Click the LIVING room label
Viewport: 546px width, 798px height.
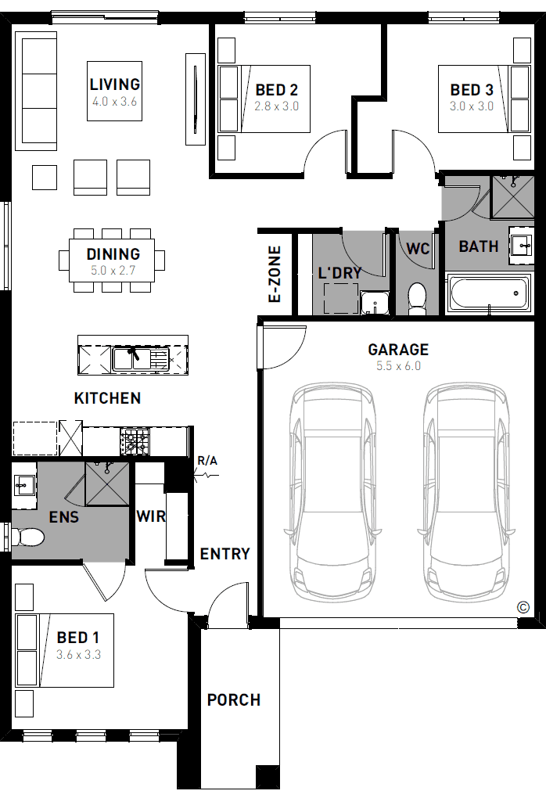(115, 84)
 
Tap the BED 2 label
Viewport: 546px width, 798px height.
(276, 90)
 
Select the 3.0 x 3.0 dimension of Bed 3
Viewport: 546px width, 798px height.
(471, 106)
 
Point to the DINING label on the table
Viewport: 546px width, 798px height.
(113, 254)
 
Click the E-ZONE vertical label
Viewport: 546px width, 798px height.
(275, 275)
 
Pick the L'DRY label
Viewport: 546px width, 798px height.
(340, 273)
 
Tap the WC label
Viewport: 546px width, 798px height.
(418, 248)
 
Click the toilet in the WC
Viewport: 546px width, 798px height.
(417, 297)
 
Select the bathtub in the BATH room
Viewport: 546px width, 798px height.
(489, 293)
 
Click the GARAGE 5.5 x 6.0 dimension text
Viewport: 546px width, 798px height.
(398, 366)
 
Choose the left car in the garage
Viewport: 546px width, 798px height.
(333, 493)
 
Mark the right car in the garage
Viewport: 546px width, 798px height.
(466, 493)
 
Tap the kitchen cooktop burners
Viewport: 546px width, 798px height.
(135, 441)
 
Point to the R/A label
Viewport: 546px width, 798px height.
(207, 461)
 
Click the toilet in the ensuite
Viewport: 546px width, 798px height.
(28, 537)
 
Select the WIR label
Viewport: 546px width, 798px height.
(151, 516)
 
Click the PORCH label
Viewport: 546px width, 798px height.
(234, 699)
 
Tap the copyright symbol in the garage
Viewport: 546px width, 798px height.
(523, 607)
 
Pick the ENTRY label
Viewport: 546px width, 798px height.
(225, 554)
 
